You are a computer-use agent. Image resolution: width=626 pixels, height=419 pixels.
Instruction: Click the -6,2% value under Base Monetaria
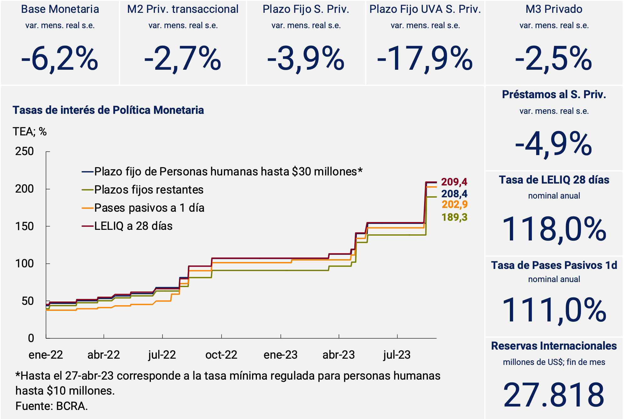click(59, 58)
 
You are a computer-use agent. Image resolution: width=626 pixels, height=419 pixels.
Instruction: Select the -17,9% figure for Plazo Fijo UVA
click(425, 58)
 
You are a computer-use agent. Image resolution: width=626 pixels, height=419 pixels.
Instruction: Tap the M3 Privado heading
click(554, 9)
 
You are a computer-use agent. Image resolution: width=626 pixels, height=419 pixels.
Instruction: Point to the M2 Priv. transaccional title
click(183, 9)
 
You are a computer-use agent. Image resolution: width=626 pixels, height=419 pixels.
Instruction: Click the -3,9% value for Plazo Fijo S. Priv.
click(305, 58)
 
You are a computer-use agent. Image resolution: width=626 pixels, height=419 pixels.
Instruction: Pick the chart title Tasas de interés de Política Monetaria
click(108, 110)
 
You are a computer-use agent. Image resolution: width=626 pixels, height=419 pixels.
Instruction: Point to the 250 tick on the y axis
click(24, 151)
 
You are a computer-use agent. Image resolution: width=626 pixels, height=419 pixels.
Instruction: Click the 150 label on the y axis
click(24, 226)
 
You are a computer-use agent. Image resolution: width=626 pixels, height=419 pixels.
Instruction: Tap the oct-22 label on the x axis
click(221, 355)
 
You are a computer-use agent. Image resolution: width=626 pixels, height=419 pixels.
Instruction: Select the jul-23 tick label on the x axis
click(397, 355)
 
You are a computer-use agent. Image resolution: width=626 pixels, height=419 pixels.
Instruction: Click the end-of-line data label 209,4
click(454, 182)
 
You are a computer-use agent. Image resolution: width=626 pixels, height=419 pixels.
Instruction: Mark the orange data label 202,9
click(454, 204)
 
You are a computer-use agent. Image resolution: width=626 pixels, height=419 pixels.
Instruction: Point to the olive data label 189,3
click(454, 217)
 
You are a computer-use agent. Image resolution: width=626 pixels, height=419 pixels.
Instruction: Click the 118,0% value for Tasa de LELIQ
click(554, 229)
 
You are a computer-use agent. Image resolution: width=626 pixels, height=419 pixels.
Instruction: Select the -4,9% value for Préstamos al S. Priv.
click(554, 144)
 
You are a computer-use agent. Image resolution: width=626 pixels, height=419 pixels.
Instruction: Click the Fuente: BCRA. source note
click(52, 406)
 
